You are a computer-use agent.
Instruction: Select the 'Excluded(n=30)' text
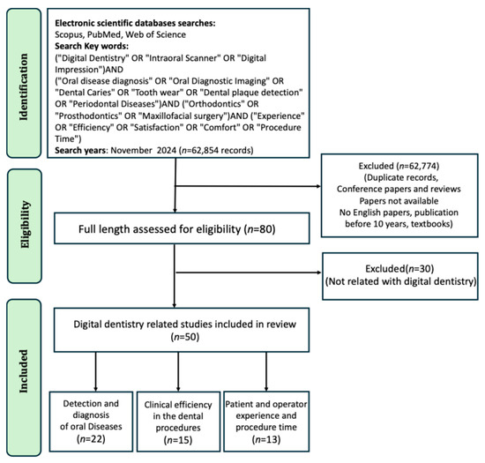coord(401,265)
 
